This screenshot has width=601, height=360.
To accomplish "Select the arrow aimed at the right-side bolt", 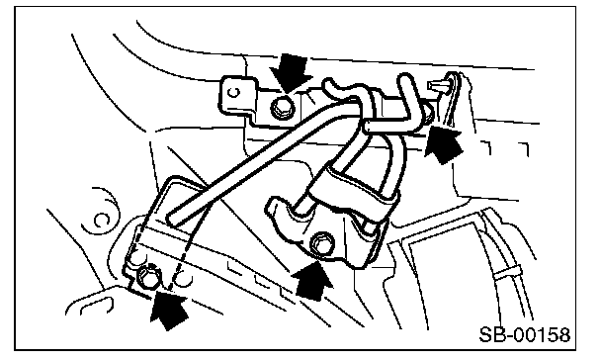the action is tap(444, 143).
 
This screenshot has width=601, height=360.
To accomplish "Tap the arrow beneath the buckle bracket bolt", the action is tap(312, 280).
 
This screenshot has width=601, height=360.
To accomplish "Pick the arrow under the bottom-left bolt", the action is tap(169, 310).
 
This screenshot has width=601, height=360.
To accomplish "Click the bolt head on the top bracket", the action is tap(281, 108).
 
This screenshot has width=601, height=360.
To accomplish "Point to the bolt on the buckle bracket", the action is tap(321, 242).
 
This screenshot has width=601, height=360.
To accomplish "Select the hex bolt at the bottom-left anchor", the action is tap(149, 276).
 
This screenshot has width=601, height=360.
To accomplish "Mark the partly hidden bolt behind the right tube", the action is tap(428, 113).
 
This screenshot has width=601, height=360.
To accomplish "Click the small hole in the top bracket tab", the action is tap(234, 92).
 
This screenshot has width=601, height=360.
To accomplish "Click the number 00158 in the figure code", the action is tap(542, 334).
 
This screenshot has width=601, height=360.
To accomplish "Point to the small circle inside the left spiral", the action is tap(102, 221).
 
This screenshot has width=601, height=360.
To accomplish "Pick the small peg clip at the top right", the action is tap(439, 85).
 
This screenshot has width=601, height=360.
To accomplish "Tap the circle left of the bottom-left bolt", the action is tap(133, 261).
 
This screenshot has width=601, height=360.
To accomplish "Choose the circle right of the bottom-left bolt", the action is tap(183, 280).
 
